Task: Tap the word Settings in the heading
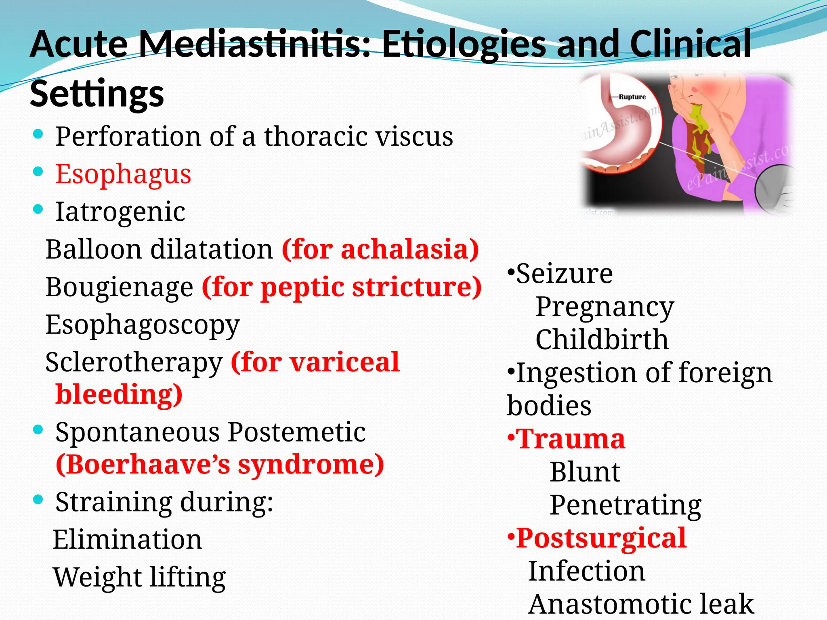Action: (x=97, y=94)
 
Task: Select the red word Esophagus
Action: (x=123, y=174)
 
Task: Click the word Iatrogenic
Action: (x=120, y=212)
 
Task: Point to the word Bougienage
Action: (x=120, y=287)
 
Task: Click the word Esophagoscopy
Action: (x=143, y=325)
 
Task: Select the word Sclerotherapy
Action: (x=134, y=362)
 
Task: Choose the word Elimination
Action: (x=128, y=540)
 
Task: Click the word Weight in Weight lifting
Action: (x=97, y=577)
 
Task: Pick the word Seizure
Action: (x=564, y=274)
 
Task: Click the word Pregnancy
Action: (x=605, y=307)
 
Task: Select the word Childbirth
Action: (x=602, y=339)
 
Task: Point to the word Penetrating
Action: (x=625, y=505)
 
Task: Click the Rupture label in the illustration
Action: (x=632, y=97)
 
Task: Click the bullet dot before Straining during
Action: (x=38, y=500)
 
